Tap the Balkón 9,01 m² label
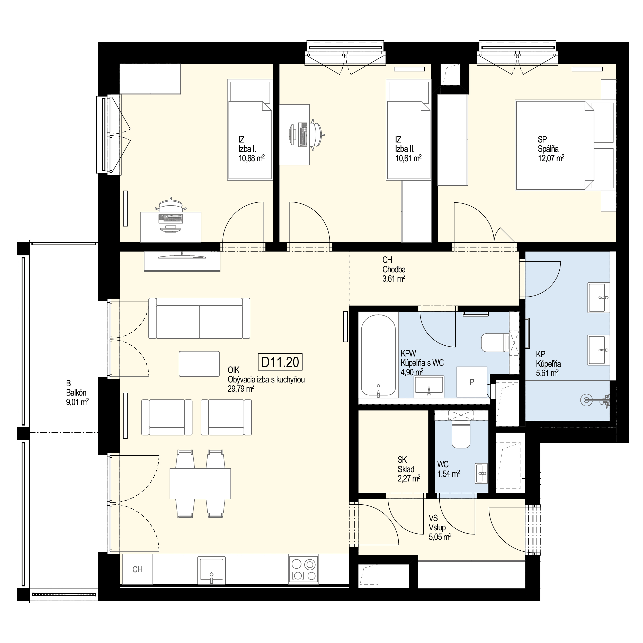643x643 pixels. (x=77, y=393)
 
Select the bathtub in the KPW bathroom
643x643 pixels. (x=378, y=356)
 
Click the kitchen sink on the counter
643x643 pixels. (x=211, y=570)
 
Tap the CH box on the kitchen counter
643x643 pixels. (x=137, y=569)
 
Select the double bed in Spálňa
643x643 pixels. (x=554, y=145)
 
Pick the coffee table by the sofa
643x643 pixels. (x=199, y=364)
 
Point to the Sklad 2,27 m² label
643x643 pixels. (x=408, y=469)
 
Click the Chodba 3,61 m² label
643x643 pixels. (x=394, y=269)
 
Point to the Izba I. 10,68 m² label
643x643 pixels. (x=251, y=148)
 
